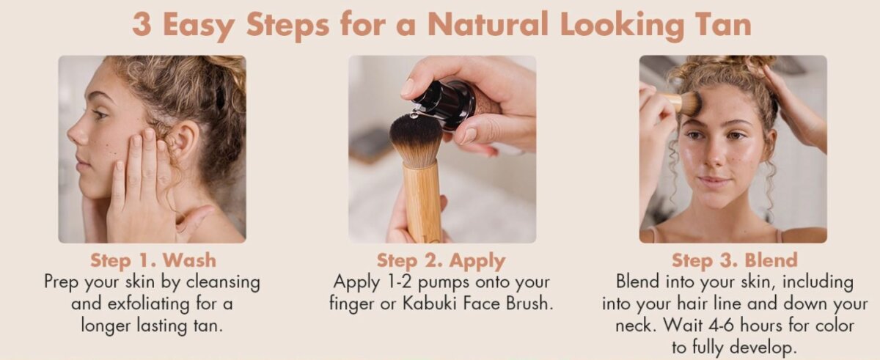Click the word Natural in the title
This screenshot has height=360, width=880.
pyautogui.click(x=488, y=24)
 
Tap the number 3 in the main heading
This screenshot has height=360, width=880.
pyautogui.click(x=142, y=24)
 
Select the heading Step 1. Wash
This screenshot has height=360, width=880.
pyautogui.click(x=153, y=260)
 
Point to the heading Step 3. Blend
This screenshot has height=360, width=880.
pyautogui.click(x=735, y=260)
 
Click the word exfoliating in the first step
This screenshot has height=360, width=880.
pyautogui.click(x=148, y=304)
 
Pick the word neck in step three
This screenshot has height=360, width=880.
pyautogui.click(x=634, y=326)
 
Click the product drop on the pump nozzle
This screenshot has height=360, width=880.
pyautogui.click(x=414, y=115)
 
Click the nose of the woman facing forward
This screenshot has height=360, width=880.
pyautogui.click(x=715, y=154)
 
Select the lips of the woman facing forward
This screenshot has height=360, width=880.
pyautogui.click(x=714, y=181)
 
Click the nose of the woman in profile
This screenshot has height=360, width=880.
pyautogui.click(x=76, y=131)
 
